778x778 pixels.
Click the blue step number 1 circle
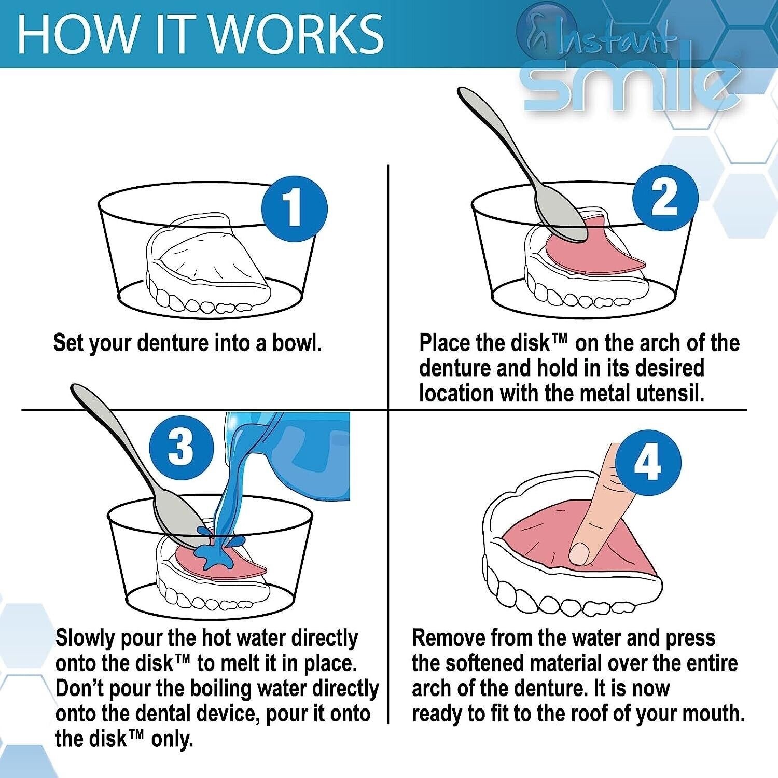294,209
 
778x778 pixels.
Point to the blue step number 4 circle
648,463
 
